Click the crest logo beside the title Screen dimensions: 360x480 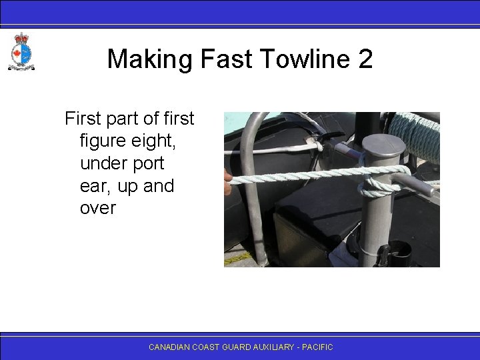tap(21, 52)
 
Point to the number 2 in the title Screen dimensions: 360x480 tap(365, 59)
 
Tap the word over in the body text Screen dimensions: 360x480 tap(97, 207)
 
